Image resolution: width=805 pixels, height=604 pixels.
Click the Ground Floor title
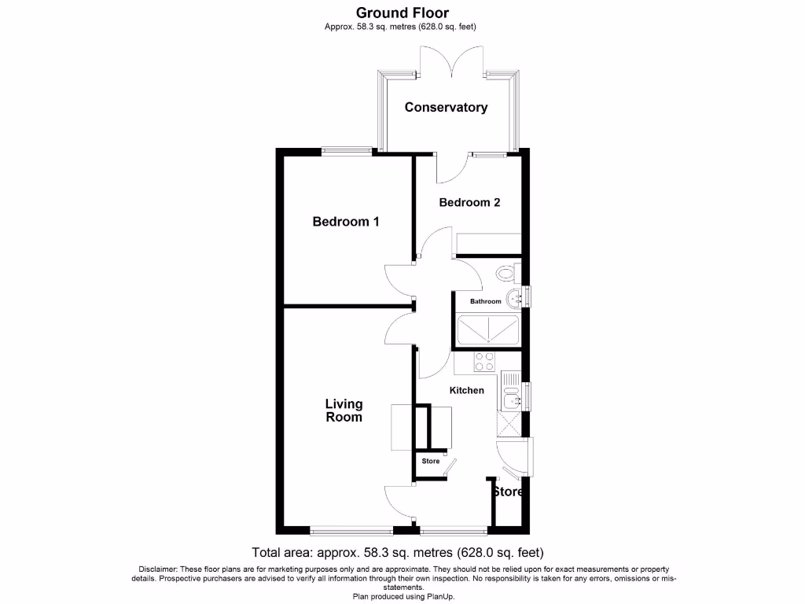(402, 13)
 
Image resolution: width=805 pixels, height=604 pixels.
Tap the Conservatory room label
(446, 108)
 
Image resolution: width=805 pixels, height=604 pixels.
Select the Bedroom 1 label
(346, 222)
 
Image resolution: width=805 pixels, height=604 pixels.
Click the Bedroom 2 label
(469, 202)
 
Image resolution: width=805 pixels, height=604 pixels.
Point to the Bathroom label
(485, 301)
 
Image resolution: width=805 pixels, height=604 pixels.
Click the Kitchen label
(466, 390)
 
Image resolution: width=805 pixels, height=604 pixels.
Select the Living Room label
(344, 411)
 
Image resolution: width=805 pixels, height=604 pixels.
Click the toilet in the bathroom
(506, 273)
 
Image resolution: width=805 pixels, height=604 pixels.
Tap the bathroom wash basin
(513, 297)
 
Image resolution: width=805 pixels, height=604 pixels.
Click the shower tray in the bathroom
(487, 330)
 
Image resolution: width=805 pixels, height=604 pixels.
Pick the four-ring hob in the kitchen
(484, 362)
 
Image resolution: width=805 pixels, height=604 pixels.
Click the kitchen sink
(510, 397)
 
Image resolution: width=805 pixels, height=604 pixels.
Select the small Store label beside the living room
(431, 461)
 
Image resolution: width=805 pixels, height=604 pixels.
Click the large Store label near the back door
(508, 492)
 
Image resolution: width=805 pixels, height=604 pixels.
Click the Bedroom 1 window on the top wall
(347, 152)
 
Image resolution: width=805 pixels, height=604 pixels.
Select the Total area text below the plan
(397, 552)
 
